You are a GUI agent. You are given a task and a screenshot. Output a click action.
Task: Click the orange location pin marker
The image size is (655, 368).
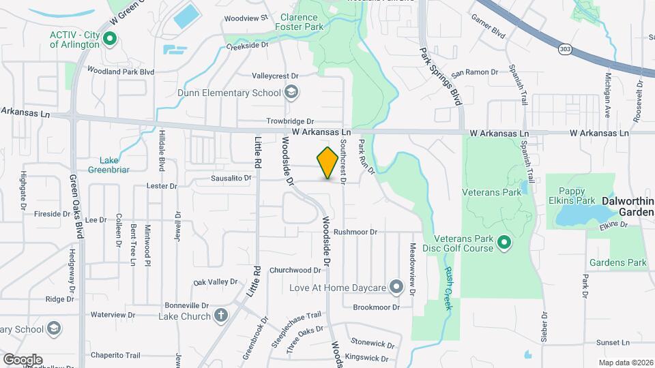(x=327, y=163)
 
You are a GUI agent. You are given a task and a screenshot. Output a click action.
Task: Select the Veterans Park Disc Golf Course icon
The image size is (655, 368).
(x=504, y=242)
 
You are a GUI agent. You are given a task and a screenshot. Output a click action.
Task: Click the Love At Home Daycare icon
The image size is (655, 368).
(x=396, y=288)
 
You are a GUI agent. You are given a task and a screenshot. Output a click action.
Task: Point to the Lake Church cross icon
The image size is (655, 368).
(x=220, y=316)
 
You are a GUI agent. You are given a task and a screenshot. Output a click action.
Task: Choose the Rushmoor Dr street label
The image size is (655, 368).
(x=355, y=232)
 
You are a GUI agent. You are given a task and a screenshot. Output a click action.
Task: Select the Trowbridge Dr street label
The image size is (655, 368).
(x=290, y=121)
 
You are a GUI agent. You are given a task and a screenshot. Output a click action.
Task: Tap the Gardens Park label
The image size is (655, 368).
(x=617, y=262)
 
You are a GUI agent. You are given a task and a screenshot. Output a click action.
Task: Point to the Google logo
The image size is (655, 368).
(x=23, y=359)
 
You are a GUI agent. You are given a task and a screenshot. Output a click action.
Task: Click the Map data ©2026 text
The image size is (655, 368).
(x=625, y=362)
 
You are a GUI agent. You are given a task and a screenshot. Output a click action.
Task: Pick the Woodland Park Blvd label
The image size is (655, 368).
(x=121, y=71)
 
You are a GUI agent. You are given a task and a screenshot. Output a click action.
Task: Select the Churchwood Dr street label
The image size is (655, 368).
(x=295, y=270)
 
